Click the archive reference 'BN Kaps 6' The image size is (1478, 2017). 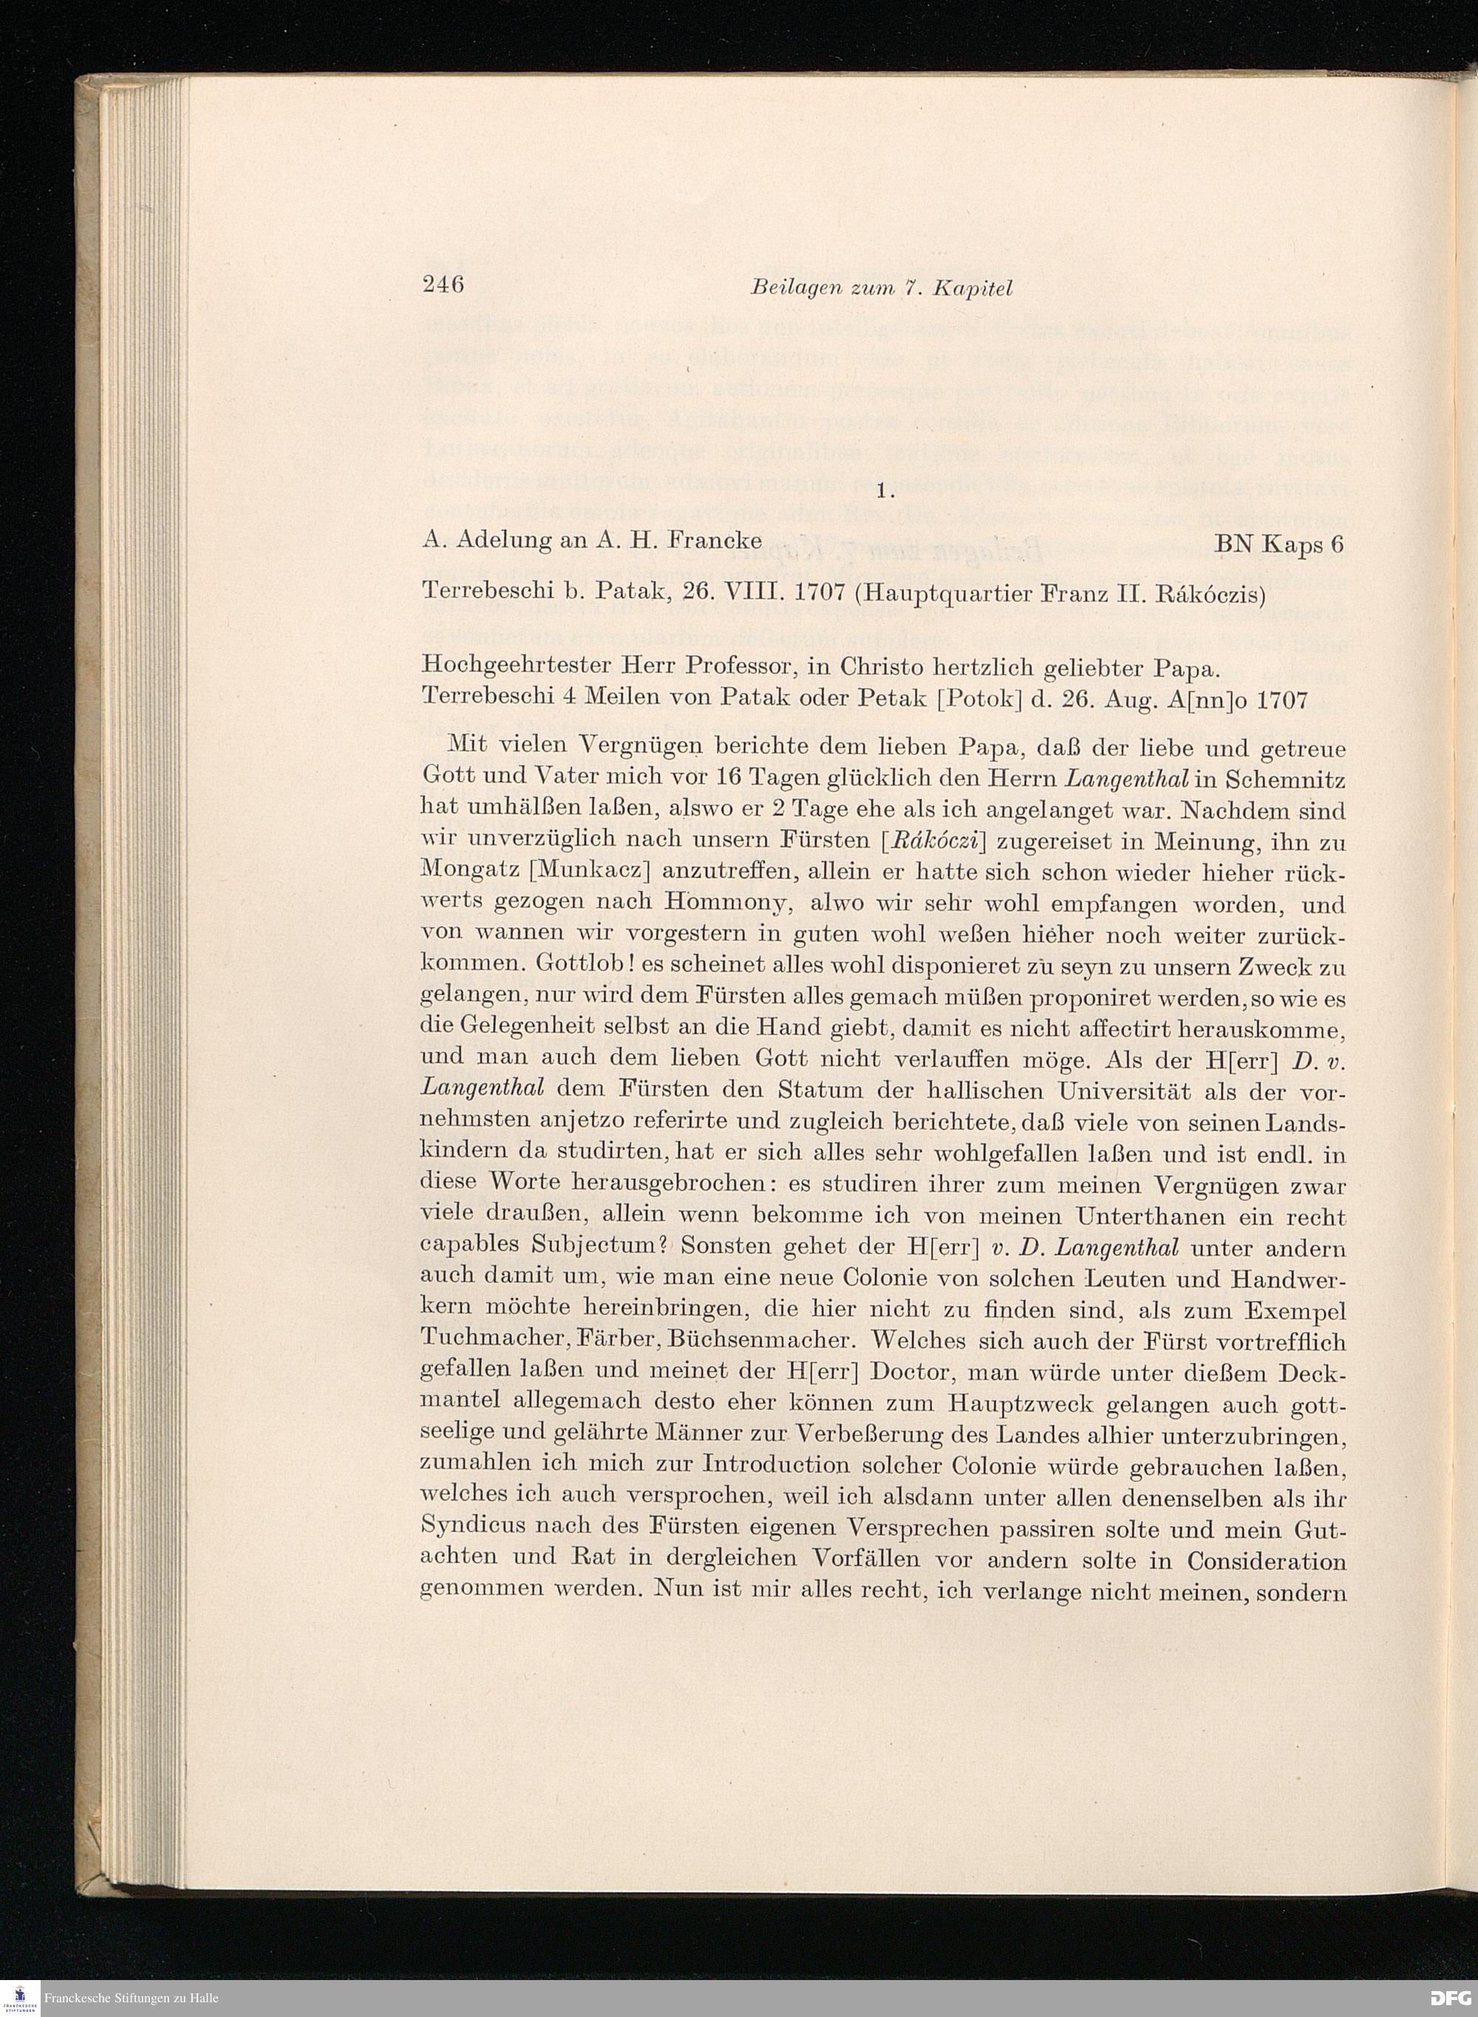pos(1279,543)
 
